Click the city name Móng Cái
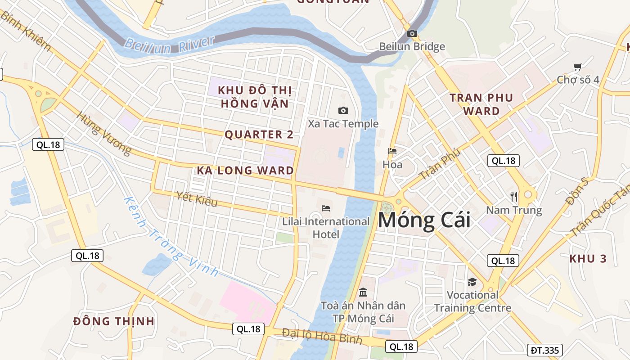[424, 220]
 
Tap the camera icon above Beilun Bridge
[412, 33]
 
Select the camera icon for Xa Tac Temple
[343, 110]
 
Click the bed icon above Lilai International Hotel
[326, 208]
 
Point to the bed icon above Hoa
[392, 151]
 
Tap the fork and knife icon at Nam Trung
[514, 196]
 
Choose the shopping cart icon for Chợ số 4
[578, 67]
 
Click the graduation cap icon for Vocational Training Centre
[472, 282]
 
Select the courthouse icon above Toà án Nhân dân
[363, 292]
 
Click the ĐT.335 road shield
[544, 350]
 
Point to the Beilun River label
[169, 44]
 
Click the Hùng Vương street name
[104, 133]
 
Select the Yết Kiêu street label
[197, 198]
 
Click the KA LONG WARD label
[245, 171]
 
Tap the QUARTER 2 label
[259, 135]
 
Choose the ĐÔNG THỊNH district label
[114, 321]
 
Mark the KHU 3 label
[588, 259]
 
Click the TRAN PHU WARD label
[481, 104]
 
